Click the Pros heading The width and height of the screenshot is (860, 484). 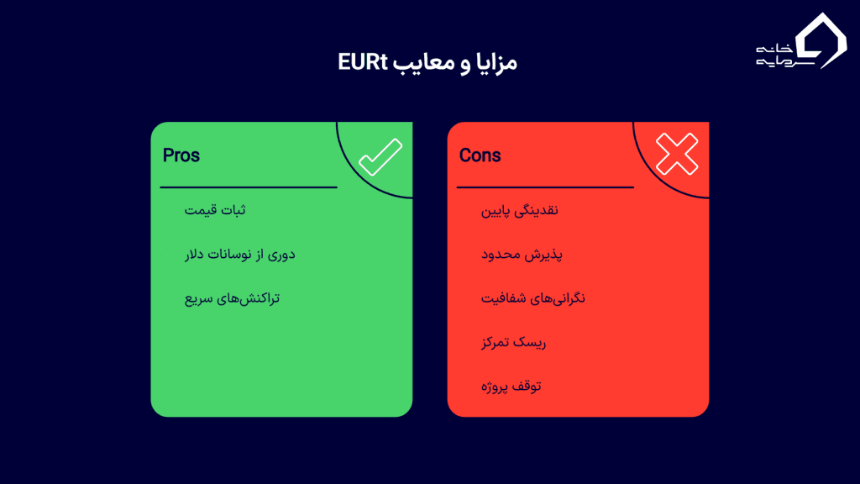coord(181,155)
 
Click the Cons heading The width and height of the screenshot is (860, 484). coord(480,155)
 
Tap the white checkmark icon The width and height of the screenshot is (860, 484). coord(380,157)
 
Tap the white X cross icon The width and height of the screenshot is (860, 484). coord(677,155)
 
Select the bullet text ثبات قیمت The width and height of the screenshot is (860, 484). coord(215,209)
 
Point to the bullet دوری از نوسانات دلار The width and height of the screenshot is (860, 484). coord(239,254)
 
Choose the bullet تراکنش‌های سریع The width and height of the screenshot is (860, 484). coord(232,298)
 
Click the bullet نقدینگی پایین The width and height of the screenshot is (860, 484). coord(519,209)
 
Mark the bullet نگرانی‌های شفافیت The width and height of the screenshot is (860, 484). coord(532,298)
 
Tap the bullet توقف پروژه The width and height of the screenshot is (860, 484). coord(511,387)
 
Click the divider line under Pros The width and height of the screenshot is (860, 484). coord(248,187)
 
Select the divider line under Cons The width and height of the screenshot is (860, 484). coord(544,187)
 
